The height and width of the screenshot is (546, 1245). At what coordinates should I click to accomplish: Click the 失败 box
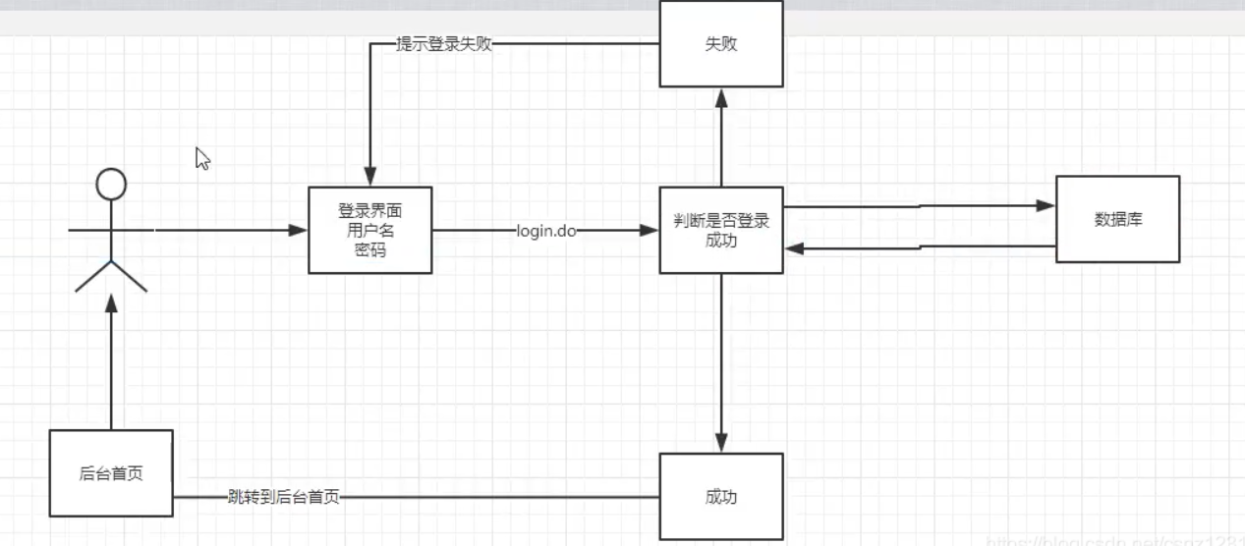point(721,44)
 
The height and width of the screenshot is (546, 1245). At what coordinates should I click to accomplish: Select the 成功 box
point(721,497)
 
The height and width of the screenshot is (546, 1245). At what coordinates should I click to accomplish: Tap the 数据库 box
point(1118,219)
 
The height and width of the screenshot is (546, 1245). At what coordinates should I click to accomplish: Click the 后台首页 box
point(111,473)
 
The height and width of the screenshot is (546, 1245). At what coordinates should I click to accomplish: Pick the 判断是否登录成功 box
point(721,231)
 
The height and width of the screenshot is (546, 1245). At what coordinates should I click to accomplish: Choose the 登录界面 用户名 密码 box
point(370,230)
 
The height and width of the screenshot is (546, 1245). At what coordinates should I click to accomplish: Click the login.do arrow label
point(546,231)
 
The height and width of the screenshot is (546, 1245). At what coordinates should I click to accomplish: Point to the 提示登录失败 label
point(444,44)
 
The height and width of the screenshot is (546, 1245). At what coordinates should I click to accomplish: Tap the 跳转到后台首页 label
point(284,497)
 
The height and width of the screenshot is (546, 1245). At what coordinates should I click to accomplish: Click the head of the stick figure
point(111,183)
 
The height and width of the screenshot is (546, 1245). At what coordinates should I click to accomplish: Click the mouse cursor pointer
point(201,157)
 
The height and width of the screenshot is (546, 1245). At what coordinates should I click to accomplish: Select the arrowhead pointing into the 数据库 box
point(1046,206)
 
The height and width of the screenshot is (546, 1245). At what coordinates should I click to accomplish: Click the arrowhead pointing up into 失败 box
point(721,97)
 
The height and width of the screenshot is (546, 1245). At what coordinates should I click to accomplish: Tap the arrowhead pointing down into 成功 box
point(721,443)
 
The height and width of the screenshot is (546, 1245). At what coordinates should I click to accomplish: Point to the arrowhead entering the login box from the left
point(298,231)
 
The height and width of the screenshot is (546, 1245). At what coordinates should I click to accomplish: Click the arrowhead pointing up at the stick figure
point(111,302)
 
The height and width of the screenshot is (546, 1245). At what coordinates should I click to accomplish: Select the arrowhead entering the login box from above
point(370,177)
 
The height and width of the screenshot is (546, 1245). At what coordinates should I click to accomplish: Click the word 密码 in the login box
point(370,250)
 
